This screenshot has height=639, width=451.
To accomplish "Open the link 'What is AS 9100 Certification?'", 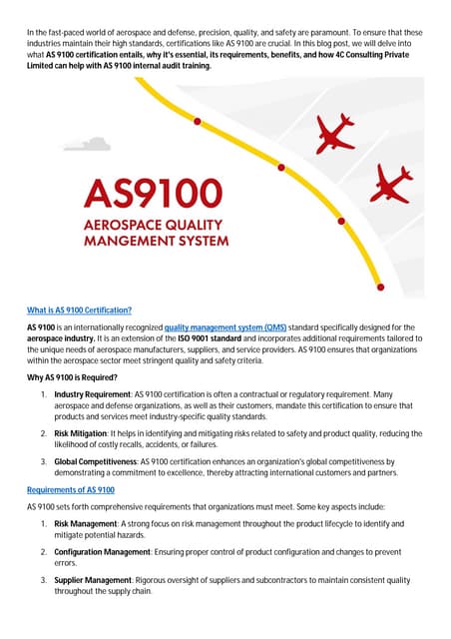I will coord(80,310).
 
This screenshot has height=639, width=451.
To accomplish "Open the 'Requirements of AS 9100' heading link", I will coord(71,490).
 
